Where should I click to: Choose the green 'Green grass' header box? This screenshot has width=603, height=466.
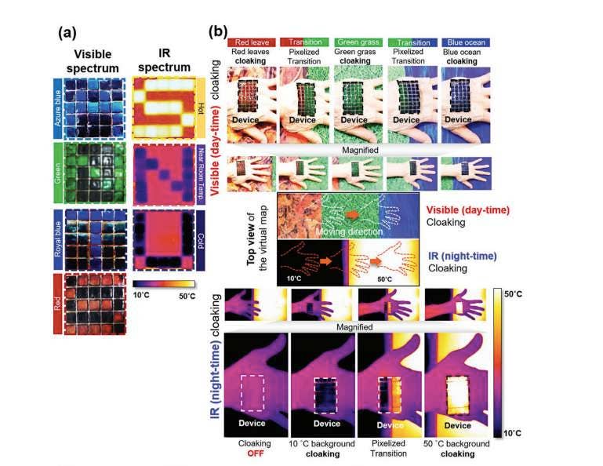[357, 42]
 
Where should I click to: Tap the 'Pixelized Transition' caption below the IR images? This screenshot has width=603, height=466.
[386, 449]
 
